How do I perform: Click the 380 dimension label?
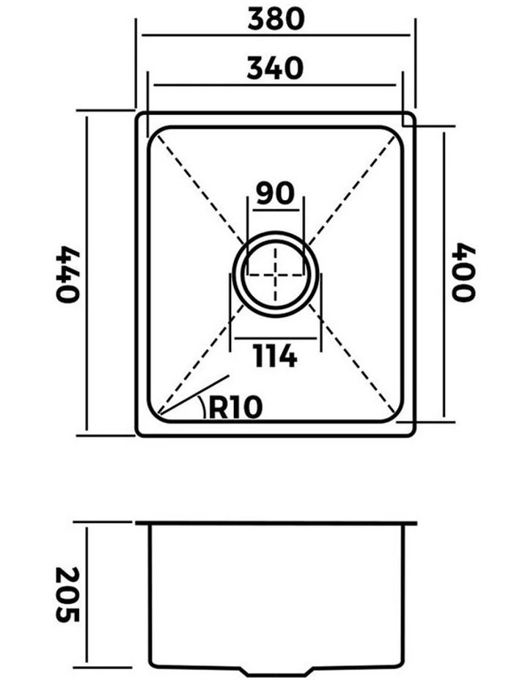(x=276, y=18)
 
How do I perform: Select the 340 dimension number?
(x=275, y=68)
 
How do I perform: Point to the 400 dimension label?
(x=463, y=272)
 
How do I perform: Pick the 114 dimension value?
(x=275, y=356)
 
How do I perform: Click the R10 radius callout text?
(x=235, y=407)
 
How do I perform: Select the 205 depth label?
(x=67, y=594)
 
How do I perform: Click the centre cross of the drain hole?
(x=275, y=275)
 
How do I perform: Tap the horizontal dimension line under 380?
(x=276, y=34)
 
